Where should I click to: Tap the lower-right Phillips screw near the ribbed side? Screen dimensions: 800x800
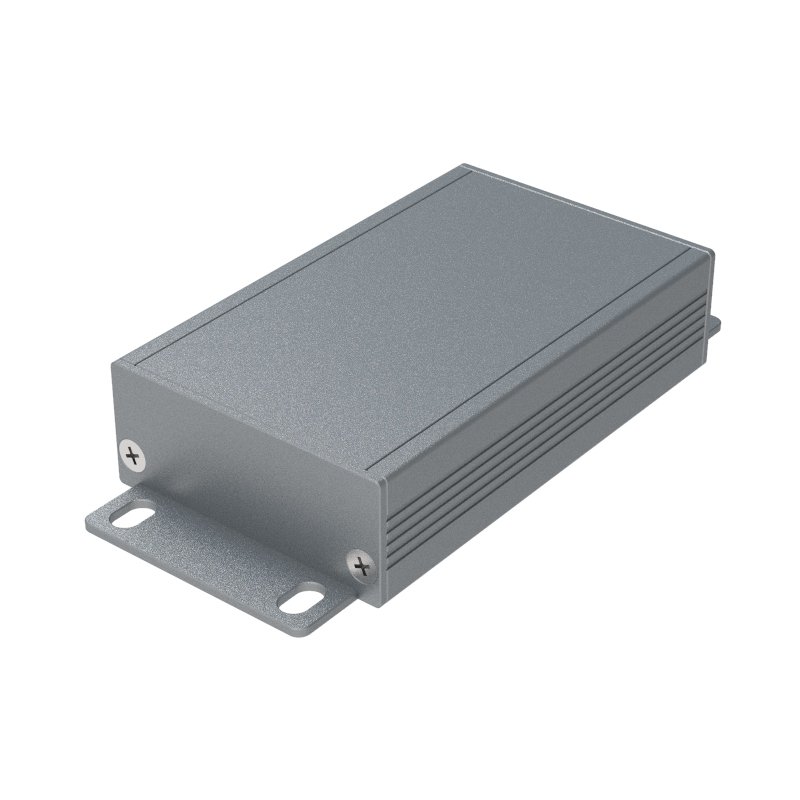(361, 567)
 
